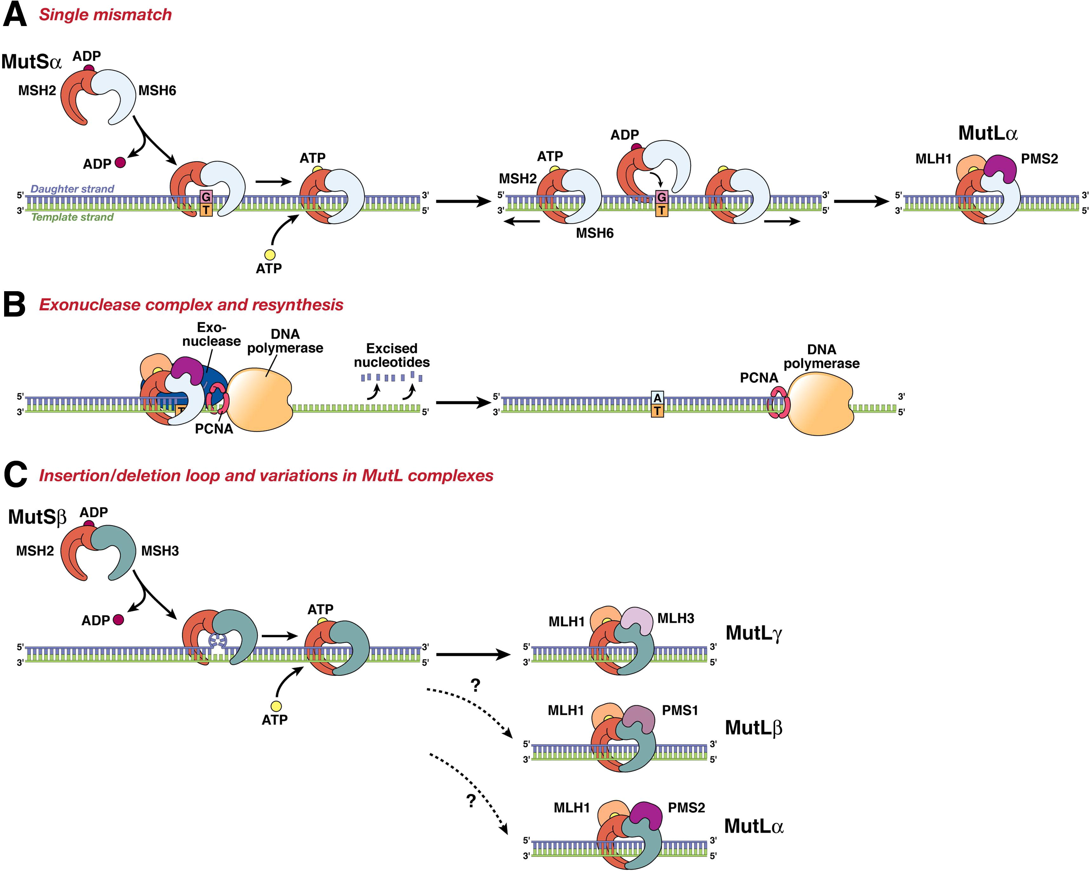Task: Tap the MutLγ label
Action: pos(754,633)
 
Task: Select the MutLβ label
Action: pos(753,728)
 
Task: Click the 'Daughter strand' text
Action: pos(72,189)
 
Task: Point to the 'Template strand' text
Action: pos(72,217)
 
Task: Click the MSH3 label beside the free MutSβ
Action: pos(160,551)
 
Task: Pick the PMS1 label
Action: pos(680,710)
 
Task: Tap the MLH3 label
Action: pos(675,618)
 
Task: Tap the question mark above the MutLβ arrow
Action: pos(475,686)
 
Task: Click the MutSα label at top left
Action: pos(31,62)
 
